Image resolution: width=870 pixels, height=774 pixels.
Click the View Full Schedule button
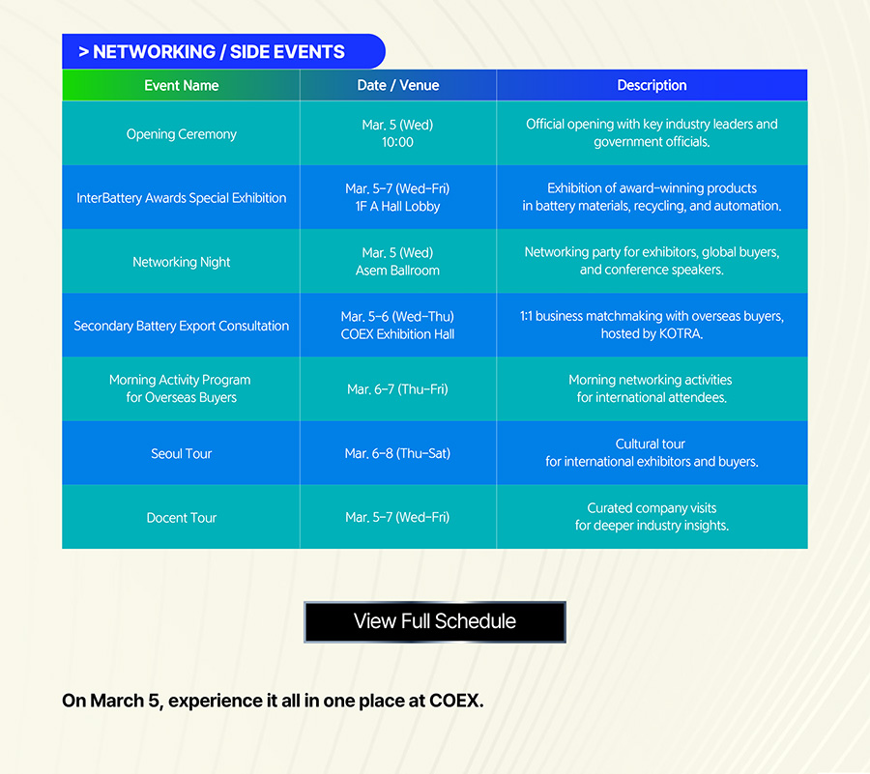[435, 621]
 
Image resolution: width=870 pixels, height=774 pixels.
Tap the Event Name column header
[182, 85]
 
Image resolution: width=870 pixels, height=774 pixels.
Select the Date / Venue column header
[398, 85]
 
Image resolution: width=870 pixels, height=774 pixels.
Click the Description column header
[652, 85]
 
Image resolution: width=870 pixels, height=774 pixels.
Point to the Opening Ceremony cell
[182, 134]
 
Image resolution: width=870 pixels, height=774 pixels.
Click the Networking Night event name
[182, 262]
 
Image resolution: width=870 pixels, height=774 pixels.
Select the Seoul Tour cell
[182, 453]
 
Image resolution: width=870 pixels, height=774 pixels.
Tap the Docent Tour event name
[182, 517]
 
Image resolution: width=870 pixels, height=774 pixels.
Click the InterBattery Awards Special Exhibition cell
[182, 198]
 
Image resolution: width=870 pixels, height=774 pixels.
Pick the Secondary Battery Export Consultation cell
[182, 326]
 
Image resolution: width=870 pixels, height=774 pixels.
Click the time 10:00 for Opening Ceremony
[398, 142]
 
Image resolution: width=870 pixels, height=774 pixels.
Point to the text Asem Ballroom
[398, 271]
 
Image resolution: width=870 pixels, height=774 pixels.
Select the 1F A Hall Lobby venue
[398, 206]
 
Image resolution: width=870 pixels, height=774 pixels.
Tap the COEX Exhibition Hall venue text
[398, 334]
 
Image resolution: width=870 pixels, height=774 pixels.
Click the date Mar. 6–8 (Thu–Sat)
[398, 453]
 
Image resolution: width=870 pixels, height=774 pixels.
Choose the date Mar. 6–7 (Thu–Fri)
[398, 389]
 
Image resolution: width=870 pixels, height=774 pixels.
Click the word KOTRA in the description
[681, 333]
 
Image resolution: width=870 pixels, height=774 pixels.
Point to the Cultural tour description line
[651, 444]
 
